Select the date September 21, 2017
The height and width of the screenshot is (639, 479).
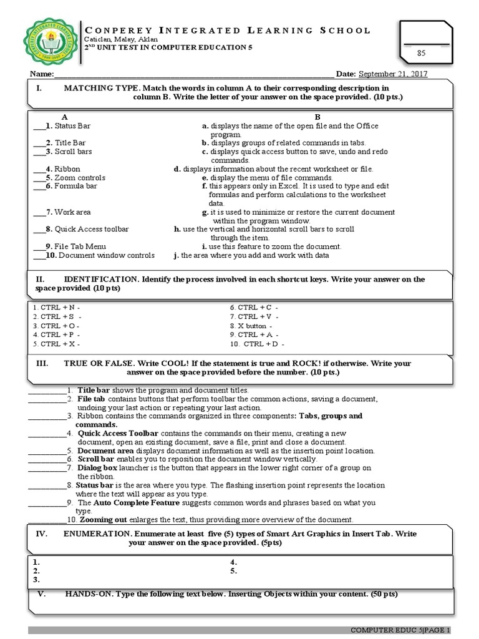point(392,74)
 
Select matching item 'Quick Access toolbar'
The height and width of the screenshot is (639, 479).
point(91,229)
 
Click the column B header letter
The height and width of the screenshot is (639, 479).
point(317,117)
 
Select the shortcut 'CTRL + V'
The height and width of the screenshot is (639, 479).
point(254,316)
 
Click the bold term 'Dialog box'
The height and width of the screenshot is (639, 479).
point(97,467)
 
